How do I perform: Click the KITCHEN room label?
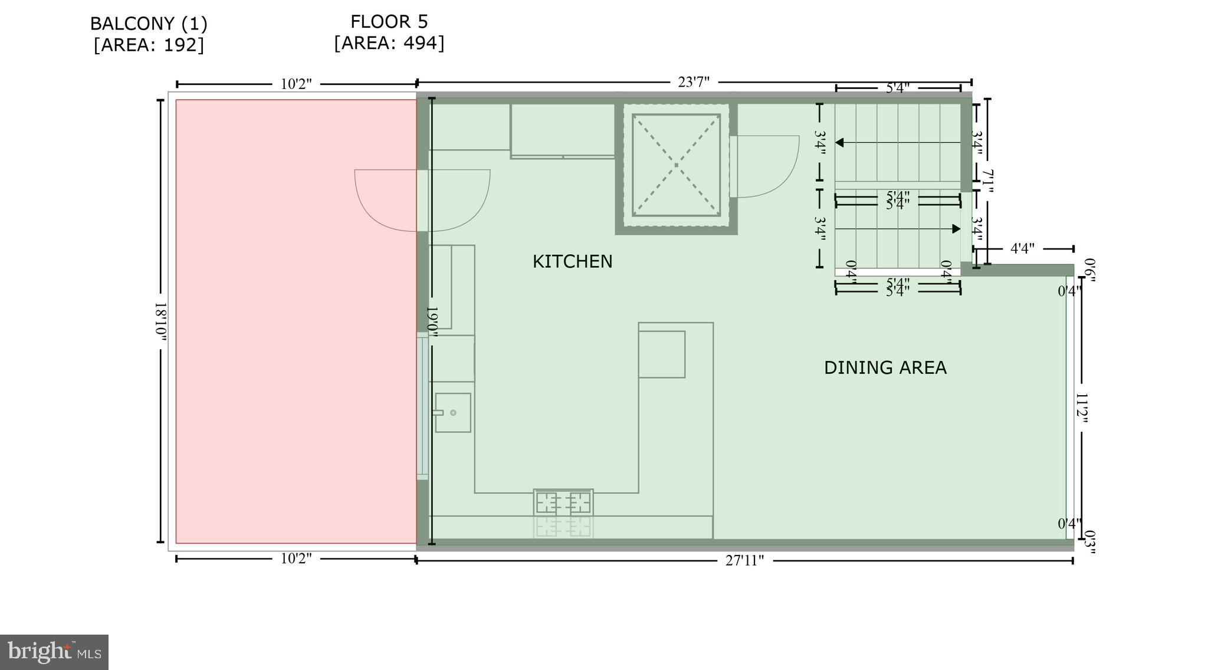[572, 261]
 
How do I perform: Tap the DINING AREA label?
[885, 367]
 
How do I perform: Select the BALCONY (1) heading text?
[149, 24]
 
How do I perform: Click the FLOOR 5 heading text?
[389, 22]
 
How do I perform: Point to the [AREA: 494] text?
[389, 43]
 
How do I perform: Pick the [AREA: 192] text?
[149, 45]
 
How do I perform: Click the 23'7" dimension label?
[693, 82]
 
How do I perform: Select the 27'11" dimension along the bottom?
[744, 560]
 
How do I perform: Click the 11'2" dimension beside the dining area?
[1082, 409]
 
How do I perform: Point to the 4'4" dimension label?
[1022, 248]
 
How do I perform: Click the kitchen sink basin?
[453, 413]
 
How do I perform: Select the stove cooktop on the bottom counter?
[563, 503]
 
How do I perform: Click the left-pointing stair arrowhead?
[839, 143]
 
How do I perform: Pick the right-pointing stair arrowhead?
[956, 229]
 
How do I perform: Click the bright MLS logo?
[54, 652]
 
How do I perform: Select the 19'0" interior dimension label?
[432, 321]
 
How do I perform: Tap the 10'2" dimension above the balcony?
[296, 84]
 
